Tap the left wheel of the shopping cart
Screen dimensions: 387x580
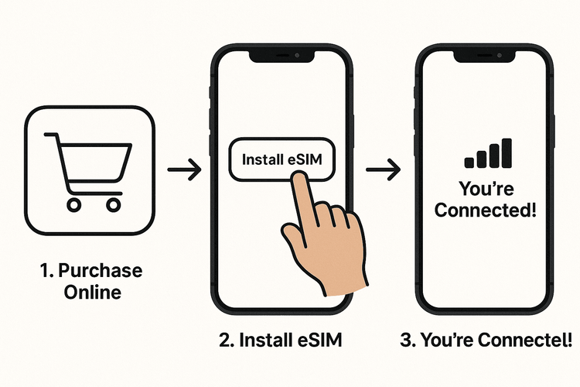click(74, 204)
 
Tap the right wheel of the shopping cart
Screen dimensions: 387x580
click(113, 204)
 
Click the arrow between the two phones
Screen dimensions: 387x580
click(383, 170)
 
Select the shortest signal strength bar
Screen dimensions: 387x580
click(469, 162)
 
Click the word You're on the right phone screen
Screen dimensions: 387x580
click(485, 188)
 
